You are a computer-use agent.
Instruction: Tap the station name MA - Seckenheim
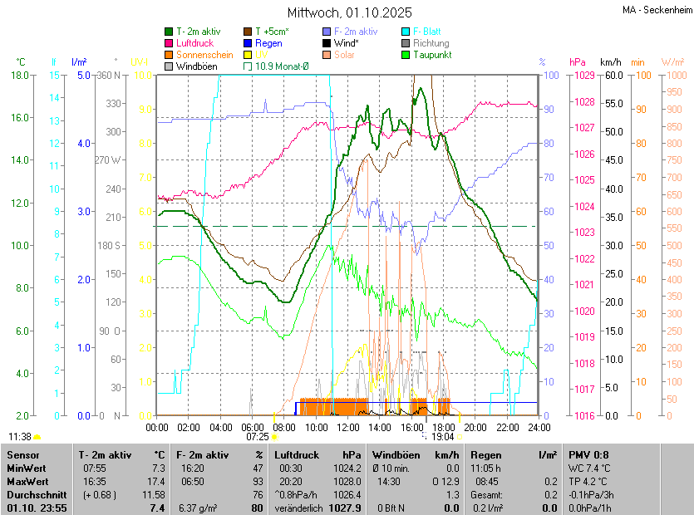[657, 9]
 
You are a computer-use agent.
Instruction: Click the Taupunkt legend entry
[431, 55]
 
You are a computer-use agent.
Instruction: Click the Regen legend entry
[268, 43]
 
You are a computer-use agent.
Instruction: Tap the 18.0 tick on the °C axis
[21, 76]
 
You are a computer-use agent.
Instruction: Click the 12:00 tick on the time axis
[347, 428]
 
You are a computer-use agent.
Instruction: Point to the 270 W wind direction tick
[108, 159]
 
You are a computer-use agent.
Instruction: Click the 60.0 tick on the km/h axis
[613, 76]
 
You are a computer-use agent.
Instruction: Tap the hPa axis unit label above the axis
[577, 62]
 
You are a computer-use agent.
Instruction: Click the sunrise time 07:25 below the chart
[258, 436]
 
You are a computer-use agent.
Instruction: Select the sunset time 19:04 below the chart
[443, 436]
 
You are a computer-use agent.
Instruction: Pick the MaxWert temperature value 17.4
[155, 482]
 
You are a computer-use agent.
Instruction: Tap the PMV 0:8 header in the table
[588, 455]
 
